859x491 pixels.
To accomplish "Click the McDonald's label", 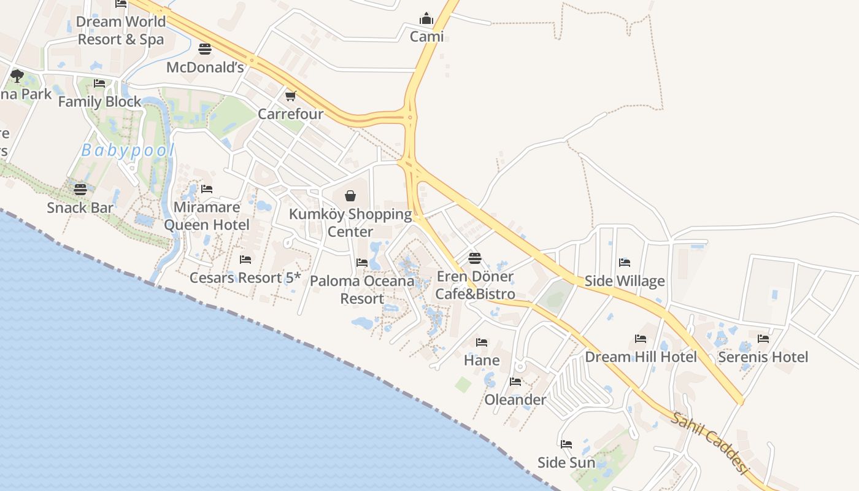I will [205, 68].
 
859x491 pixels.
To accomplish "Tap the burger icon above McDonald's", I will [205, 48].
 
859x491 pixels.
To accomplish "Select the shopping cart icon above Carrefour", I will [290, 96].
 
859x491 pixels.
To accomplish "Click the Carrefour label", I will [290, 114].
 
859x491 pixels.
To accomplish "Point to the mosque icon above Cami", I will [426, 19].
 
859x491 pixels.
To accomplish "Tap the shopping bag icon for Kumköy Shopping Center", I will [350, 196].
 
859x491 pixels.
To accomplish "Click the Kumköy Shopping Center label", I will [350, 223].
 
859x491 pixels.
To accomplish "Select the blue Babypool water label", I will [128, 150].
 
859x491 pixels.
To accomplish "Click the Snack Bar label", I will [80, 207].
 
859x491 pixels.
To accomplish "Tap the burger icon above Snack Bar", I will [80, 190].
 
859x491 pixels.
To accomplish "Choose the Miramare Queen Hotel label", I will [207, 216].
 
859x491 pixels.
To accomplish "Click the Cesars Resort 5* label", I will [245, 277].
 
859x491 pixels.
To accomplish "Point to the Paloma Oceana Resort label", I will [362, 290].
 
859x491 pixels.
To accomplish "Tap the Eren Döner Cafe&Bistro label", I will [475, 285].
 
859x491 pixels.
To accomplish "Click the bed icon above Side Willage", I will [625, 263].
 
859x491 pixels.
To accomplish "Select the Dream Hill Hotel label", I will [641, 357].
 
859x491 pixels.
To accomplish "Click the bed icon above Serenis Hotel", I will [763, 338].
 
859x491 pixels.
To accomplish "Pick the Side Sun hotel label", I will [566, 462].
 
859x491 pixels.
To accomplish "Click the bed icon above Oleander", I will [515, 382].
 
